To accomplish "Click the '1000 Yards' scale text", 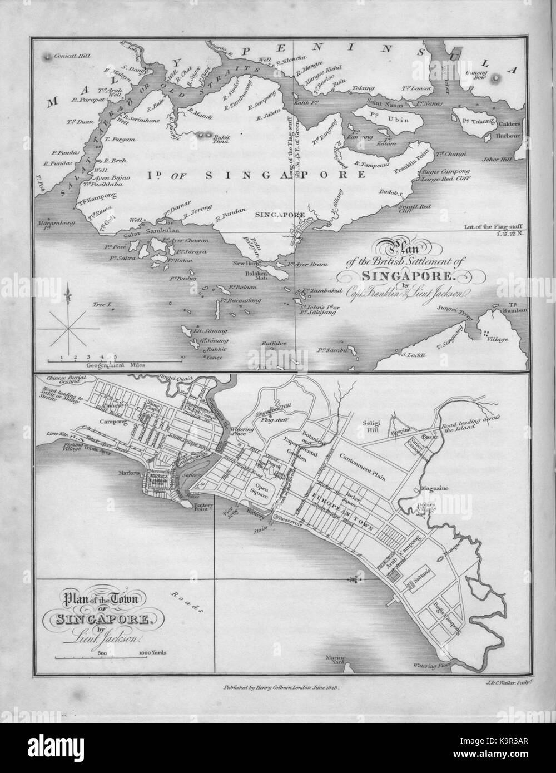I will pyautogui.click(x=156, y=651).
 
